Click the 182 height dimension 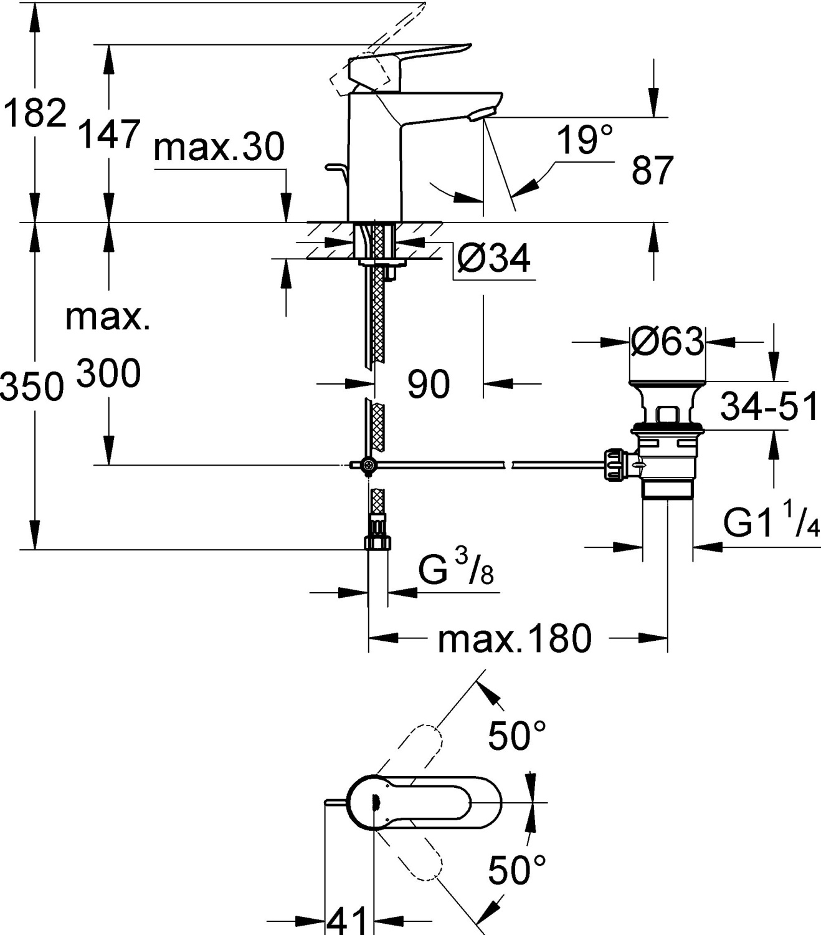coord(35,113)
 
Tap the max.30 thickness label coord(219,148)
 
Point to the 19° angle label coord(584,140)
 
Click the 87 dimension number coord(652,170)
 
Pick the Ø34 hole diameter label coord(493,258)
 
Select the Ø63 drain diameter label coord(667,341)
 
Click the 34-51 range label coord(768,408)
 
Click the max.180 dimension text coord(514,639)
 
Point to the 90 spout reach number coord(429,384)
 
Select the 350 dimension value coord(32,386)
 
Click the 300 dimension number coord(108,375)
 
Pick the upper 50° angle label coord(516,736)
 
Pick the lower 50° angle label coord(516,870)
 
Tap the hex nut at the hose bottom coord(377,542)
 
